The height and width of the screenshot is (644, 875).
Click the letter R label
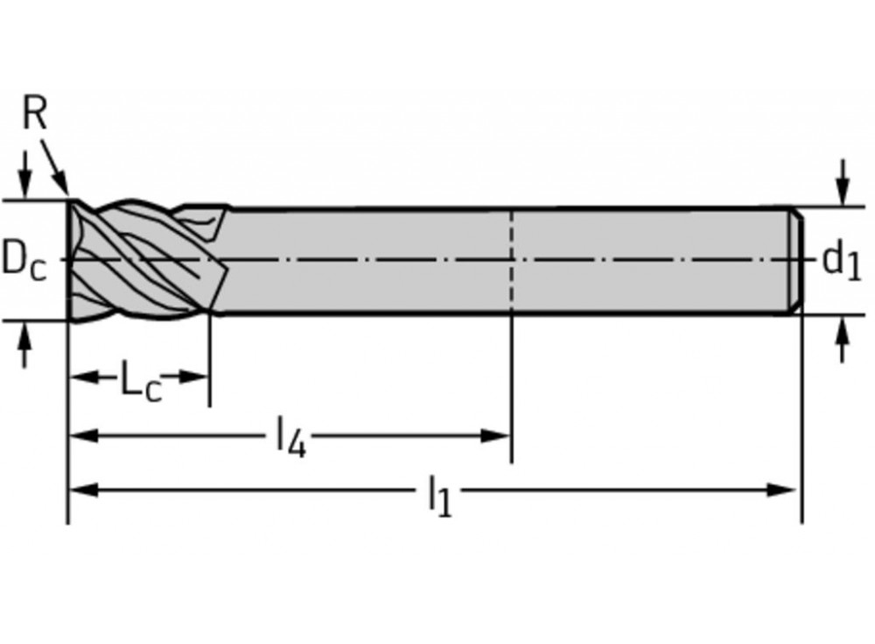click(34, 115)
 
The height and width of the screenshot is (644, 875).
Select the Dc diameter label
click(24, 260)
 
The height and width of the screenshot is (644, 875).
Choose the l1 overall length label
click(440, 495)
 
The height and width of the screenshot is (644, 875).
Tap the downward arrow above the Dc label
click(25, 184)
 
